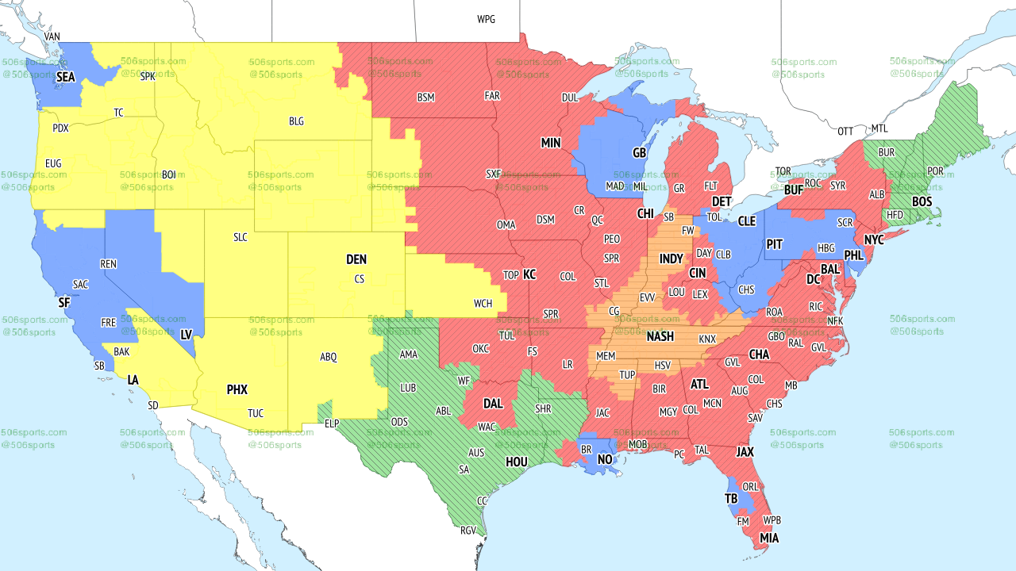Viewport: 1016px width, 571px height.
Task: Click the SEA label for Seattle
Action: tap(66, 77)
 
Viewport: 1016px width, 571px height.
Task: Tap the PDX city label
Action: tap(60, 128)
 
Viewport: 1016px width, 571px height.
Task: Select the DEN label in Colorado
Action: tap(356, 259)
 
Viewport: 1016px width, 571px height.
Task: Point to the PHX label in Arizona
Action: tap(237, 389)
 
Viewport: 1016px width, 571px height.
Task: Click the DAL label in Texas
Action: tap(493, 403)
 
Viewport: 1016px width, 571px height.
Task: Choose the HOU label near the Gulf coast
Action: tap(517, 462)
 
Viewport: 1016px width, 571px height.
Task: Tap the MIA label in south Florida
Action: tap(768, 538)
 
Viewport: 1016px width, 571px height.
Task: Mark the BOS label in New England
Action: tap(922, 201)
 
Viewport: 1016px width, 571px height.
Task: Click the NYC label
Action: tap(874, 240)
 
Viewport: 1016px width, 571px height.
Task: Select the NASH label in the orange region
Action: tap(660, 336)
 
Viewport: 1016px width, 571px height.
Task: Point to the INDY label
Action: tap(671, 259)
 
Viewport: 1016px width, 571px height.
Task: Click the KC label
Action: tap(529, 274)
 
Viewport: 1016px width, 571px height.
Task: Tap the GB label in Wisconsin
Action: tap(638, 151)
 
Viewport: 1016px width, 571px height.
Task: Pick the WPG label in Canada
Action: tap(486, 19)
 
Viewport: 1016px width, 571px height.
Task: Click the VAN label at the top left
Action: tap(52, 36)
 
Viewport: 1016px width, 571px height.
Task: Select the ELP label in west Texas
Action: tap(332, 423)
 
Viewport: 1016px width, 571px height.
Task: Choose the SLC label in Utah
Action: tap(240, 237)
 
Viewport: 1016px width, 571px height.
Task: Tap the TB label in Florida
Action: tap(732, 498)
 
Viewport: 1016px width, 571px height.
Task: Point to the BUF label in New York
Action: tap(794, 190)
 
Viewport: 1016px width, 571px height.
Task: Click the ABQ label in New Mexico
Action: tap(329, 357)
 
